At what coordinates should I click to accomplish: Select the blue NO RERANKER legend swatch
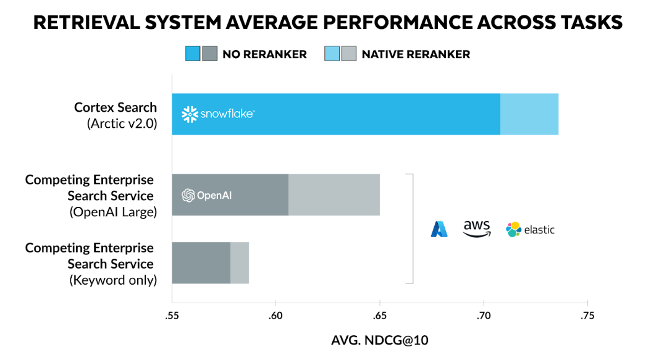click(193, 54)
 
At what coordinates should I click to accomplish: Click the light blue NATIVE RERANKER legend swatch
click(332, 54)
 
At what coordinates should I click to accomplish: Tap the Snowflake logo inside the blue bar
click(218, 114)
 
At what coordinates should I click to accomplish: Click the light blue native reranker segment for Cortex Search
click(529, 114)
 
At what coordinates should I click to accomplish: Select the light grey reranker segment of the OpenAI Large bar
click(334, 195)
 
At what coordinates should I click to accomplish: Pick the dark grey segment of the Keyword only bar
click(201, 263)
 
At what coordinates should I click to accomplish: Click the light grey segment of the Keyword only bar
click(240, 263)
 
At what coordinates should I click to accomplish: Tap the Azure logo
click(439, 230)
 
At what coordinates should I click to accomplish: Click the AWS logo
click(476, 228)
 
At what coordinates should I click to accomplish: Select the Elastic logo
click(530, 230)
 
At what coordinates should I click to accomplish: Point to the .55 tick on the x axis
click(172, 316)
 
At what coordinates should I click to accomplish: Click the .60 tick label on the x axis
click(275, 316)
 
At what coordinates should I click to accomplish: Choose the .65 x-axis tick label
click(379, 316)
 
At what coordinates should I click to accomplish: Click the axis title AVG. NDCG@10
click(379, 341)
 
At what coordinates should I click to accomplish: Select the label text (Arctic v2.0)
click(122, 123)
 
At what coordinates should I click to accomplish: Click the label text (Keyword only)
click(113, 280)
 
